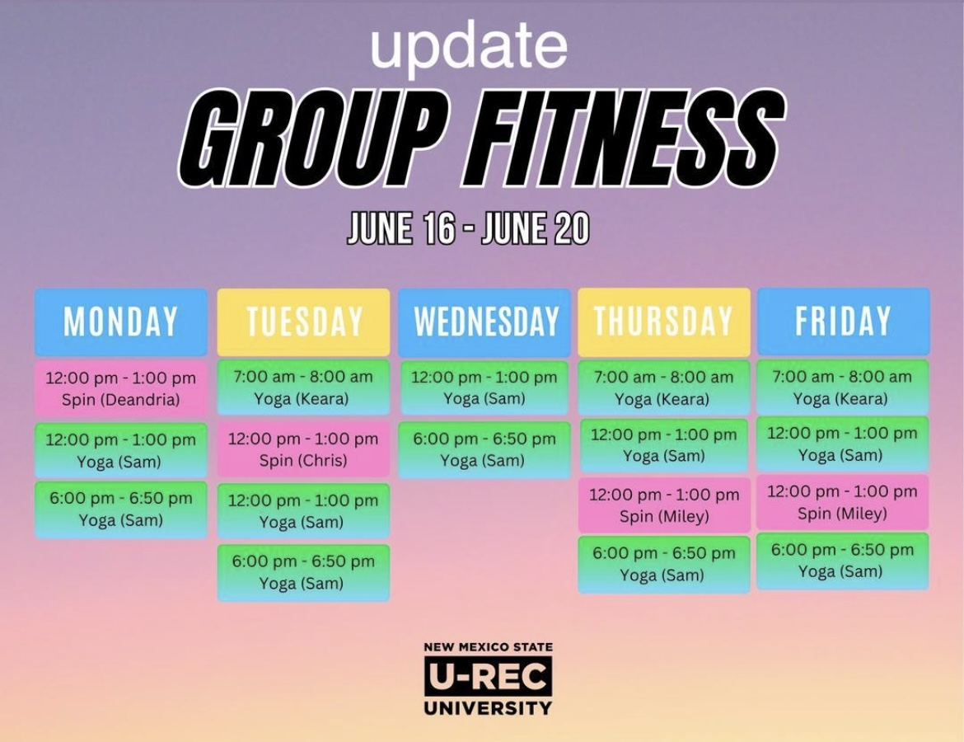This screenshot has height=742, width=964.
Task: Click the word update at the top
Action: [x=469, y=47]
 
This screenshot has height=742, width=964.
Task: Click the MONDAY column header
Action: [x=121, y=322]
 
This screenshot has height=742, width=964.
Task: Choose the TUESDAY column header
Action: [x=304, y=322]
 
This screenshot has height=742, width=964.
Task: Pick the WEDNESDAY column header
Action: [x=484, y=322]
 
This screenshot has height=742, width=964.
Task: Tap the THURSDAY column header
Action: [x=664, y=322]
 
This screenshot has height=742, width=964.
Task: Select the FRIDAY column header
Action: [x=844, y=322]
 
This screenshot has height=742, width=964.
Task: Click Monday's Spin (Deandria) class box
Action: [x=121, y=389]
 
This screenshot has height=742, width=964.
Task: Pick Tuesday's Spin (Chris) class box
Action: [x=304, y=449]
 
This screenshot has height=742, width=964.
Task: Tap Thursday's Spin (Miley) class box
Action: [x=664, y=505]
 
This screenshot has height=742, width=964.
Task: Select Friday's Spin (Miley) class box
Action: [x=842, y=502]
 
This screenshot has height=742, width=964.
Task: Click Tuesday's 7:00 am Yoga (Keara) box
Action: [x=304, y=387]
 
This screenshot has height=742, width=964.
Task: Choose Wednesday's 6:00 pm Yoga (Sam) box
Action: [x=484, y=450]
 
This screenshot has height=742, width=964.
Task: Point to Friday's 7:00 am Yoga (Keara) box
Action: [x=842, y=387]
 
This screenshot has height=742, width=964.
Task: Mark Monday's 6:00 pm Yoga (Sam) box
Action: [x=121, y=510]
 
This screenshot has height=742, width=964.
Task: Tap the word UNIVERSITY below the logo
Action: [x=488, y=708]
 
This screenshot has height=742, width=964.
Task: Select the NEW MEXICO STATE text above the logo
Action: [x=488, y=647]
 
